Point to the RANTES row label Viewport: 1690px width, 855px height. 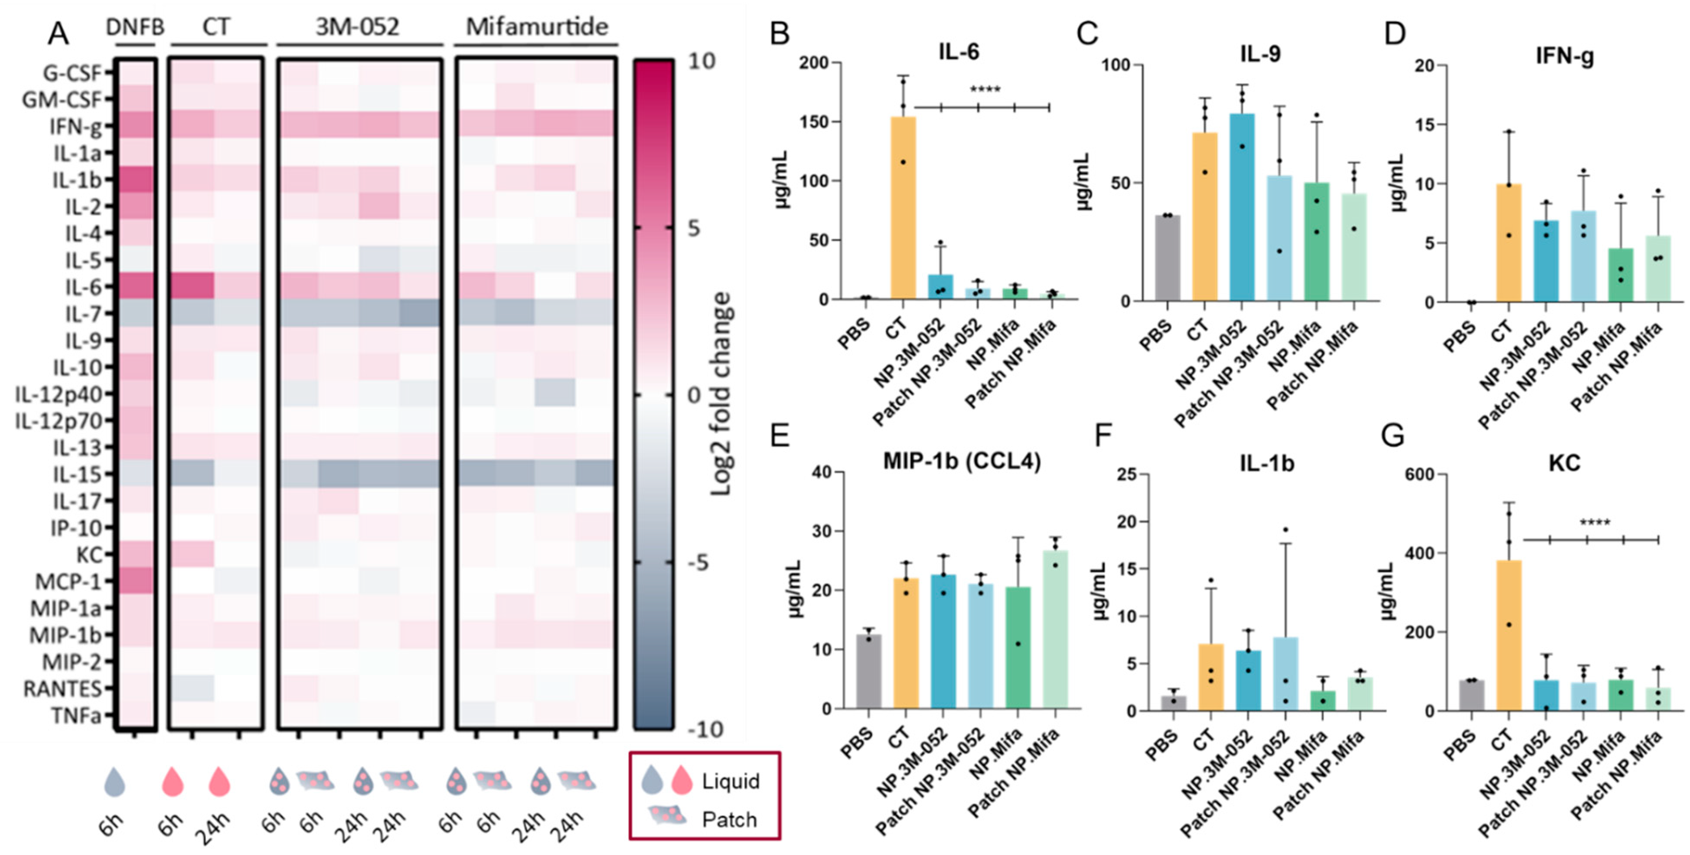(62, 689)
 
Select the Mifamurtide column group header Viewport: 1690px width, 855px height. (537, 27)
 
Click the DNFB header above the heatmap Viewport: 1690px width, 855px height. (135, 27)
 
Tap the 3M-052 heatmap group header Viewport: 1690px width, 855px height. (358, 27)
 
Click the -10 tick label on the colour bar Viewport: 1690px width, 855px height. (706, 729)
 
